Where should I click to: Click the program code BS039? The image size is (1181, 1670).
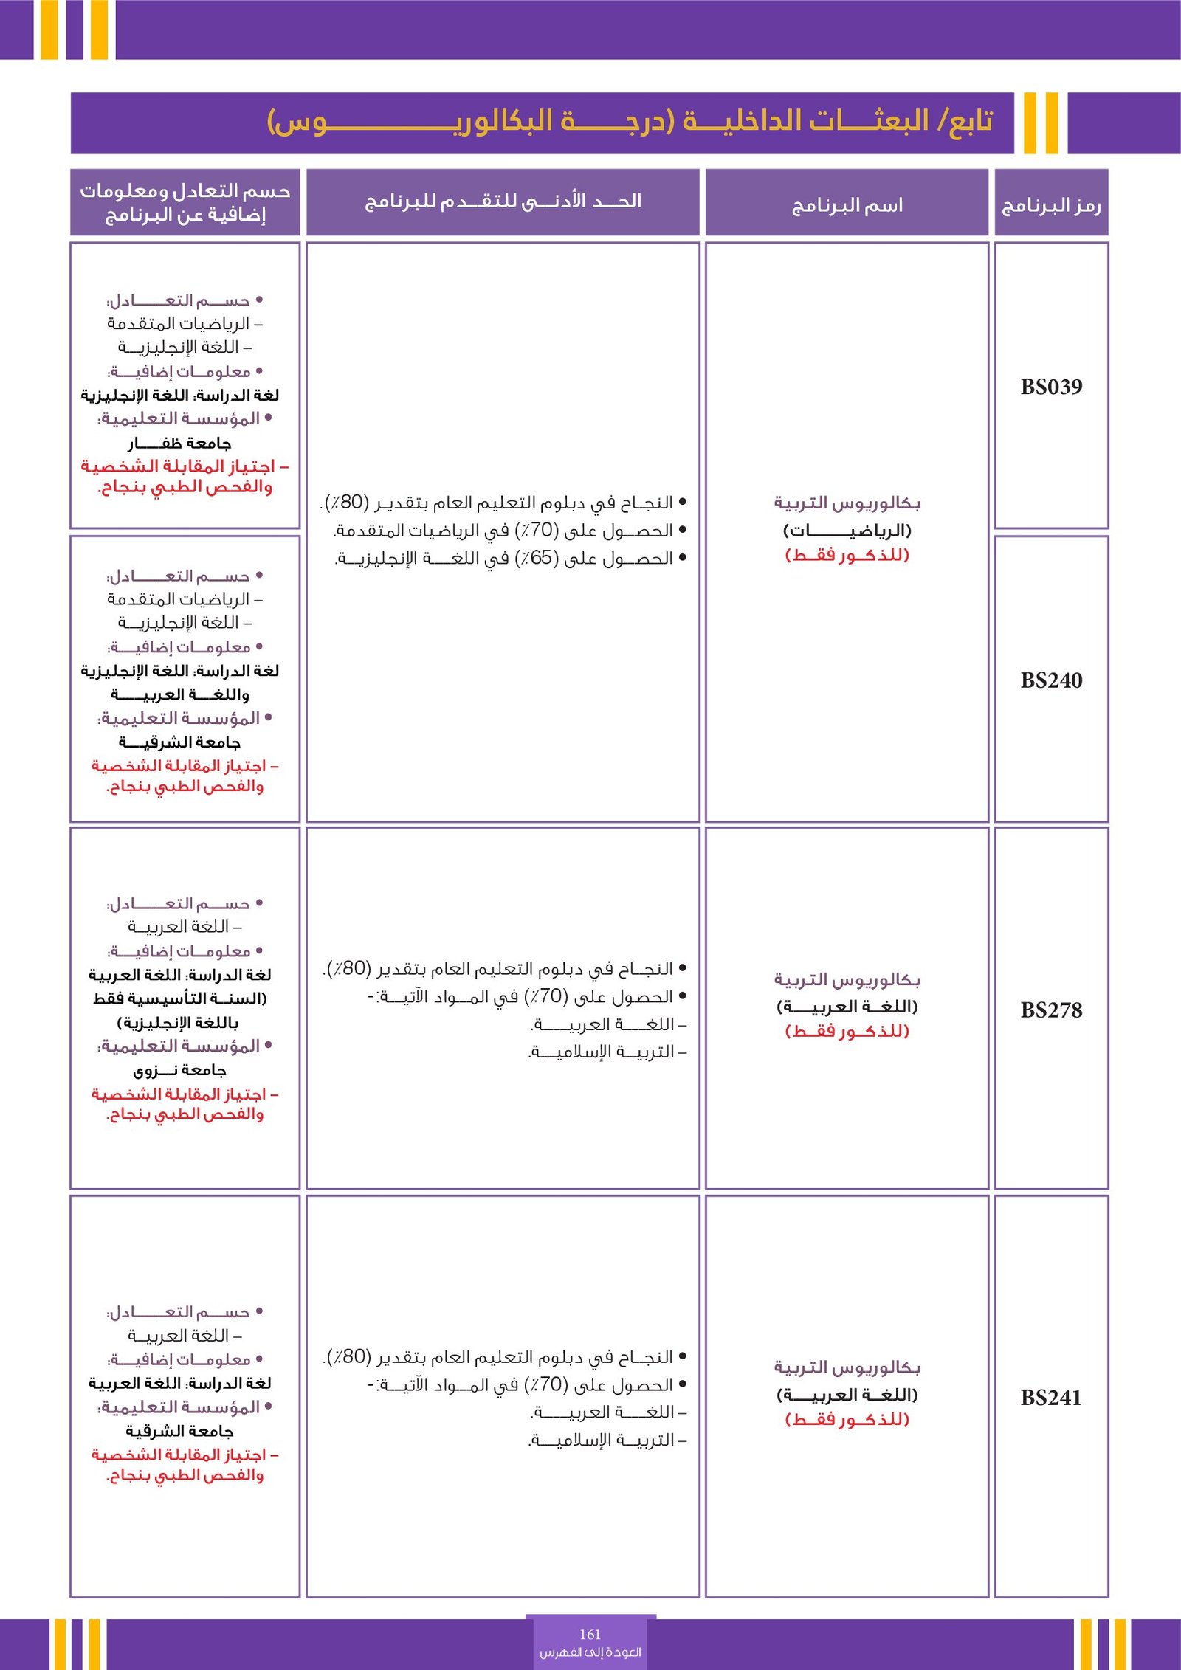click(x=1051, y=387)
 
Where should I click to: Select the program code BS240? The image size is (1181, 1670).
click(x=1051, y=680)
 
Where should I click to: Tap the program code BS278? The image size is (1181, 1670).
click(x=1051, y=1010)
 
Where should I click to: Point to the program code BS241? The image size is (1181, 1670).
click(x=1051, y=1397)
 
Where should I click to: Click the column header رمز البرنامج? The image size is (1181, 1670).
click(x=1051, y=205)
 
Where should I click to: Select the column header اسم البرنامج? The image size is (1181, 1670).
click(x=847, y=205)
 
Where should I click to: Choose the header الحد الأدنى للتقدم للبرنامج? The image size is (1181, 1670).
click(x=503, y=201)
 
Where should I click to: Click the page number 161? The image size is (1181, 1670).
click(x=590, y=1634)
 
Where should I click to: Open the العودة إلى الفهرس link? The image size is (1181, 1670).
click(x=590, y=1652)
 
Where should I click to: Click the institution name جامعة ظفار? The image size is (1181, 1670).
click(x=179, y=443)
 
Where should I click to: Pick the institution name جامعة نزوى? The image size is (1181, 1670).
click(x=179, y=1070)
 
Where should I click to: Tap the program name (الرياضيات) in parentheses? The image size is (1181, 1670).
click(x=847, y=530)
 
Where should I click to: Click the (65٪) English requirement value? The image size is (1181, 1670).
click(x=540, y=558)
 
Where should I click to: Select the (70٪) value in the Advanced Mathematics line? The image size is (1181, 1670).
click(x=540, y=530)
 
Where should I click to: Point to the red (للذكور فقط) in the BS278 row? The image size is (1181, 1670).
click(x=847, y=1031)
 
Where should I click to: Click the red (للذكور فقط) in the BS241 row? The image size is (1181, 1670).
click(x=847, y=1419)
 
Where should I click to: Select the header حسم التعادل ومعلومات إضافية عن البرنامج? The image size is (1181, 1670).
click(x=185, y=202)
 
